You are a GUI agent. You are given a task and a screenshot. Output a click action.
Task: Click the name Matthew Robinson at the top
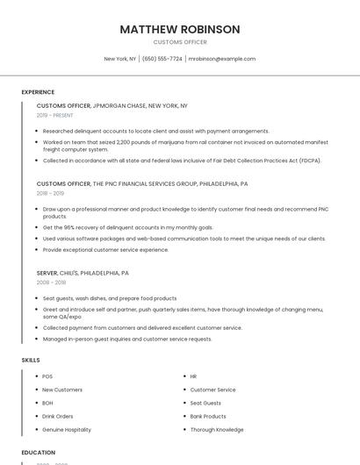[179, 29]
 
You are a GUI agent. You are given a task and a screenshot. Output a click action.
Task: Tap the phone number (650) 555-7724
[162, 59]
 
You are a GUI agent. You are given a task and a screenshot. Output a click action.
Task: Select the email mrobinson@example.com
[221, 59]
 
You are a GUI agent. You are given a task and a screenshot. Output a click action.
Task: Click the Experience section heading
[38, 91]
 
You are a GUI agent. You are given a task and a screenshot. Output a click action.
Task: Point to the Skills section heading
[30, 360]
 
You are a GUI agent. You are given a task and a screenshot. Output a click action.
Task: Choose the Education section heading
[38, 452]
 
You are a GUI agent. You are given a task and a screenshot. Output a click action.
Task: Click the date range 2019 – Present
[55, 115]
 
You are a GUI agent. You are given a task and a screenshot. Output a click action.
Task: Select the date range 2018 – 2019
[50, 193]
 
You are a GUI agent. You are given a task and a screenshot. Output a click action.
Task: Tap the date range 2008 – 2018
[50, 282]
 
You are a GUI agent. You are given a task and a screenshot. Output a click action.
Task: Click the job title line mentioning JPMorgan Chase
[112, 105]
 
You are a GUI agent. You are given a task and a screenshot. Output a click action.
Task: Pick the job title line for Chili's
[83, 273]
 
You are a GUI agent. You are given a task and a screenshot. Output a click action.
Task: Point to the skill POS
[47, 376]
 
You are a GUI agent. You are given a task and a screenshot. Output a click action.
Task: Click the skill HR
[193, 376]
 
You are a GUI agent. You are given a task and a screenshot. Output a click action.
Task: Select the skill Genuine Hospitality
[67, 430]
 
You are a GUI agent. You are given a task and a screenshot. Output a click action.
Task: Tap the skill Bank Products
[208, 416]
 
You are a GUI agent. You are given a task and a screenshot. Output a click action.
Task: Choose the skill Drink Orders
[58, 416]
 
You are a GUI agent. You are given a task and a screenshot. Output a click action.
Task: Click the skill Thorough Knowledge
[217, 430]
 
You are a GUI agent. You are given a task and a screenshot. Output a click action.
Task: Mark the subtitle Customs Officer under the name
[179, 41]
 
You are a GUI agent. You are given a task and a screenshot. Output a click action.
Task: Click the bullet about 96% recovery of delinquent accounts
[128, 227]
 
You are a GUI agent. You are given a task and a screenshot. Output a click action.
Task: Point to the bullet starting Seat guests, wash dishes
[97, 298]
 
